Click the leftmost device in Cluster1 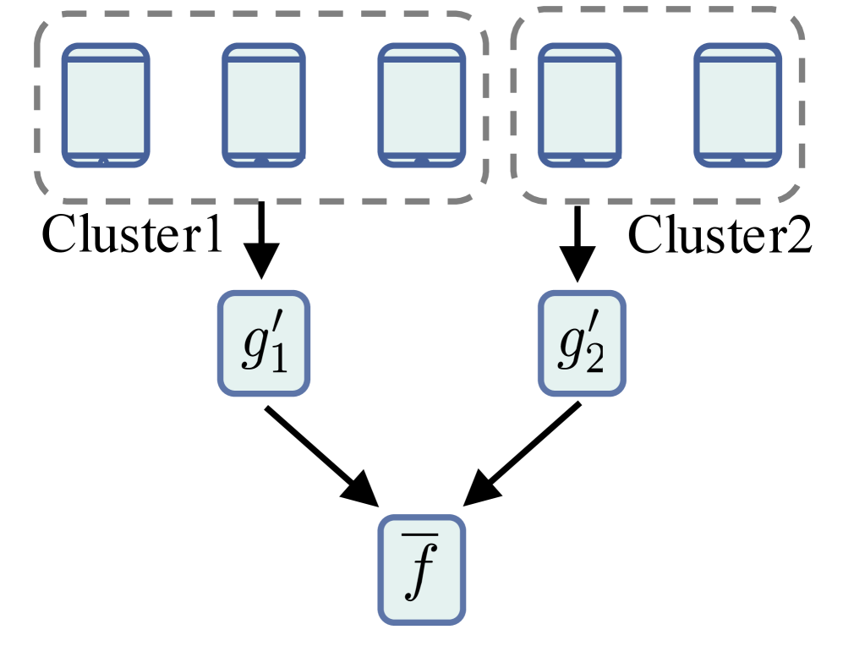pyautogui.click(x=107, y=104)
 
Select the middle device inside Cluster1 pyautogui.click(x=264, y=104)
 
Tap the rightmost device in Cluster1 pyautogui.click(x=421, y=104)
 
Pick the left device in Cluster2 pyautogui.click(x=579, y=104)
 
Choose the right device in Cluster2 pyautogui.click(x=736, y=104)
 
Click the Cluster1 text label pyautogui.click(x=132, y=237)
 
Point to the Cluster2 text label pyautogui.click(x=720, y=237)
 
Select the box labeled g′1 pyautogui.click(x=264, y=342)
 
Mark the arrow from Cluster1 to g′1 pyautogui.click(x=262, y=241)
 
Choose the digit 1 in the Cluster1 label pyautogui.click(x=211, y=237)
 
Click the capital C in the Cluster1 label pyautogui.click(x=58, y=237)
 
